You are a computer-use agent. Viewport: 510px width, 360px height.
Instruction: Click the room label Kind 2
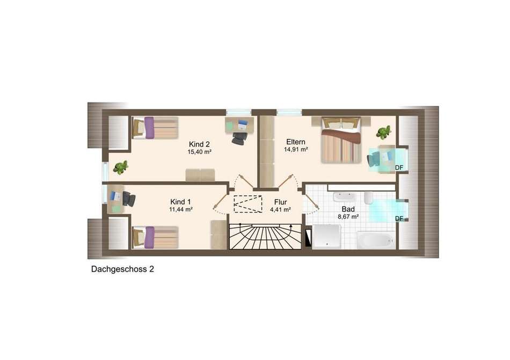pos(199,144)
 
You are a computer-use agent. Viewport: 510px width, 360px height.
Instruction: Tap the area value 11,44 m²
pos(181,210)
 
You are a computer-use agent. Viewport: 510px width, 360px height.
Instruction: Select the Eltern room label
pos(296,142)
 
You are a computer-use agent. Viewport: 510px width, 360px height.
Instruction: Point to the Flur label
pos(280,202)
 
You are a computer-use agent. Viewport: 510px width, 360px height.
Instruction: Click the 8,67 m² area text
pos(348,217)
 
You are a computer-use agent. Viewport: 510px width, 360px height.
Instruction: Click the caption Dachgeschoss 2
pos(122,269)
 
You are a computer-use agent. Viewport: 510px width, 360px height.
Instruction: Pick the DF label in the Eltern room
pos(399,167)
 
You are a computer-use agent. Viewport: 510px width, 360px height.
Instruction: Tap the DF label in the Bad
pos(399,219)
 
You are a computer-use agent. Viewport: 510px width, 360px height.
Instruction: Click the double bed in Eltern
pos(341,139)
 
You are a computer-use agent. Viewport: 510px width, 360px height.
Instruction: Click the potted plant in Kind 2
pos(121,167)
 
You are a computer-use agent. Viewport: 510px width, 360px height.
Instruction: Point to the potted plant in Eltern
pos(384,133)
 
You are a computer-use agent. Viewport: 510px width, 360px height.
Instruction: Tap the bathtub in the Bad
pos(376,240)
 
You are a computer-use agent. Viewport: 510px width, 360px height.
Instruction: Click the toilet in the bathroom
pos(368,198)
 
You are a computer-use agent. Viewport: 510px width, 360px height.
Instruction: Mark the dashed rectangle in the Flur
pos(248,204)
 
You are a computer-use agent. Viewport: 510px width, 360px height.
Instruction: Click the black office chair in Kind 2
pos(239,138)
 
